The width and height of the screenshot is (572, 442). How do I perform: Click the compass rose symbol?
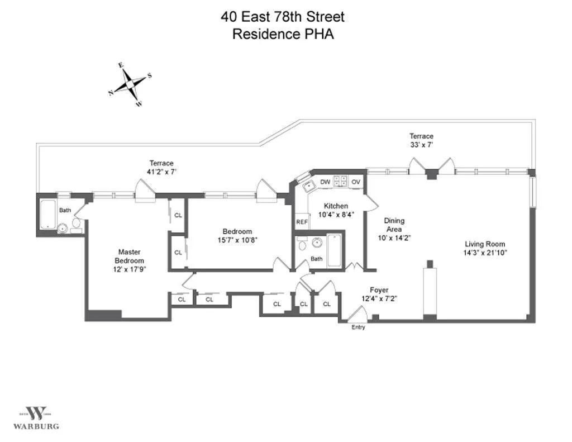click(x=130, y=84)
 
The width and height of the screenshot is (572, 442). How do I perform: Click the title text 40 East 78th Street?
click(x=283, y=17)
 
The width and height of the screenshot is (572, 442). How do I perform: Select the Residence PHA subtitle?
click(x=283, y=34)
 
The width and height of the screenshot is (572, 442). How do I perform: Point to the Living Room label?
click(x=485, y=244)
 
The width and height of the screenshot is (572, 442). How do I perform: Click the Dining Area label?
click(x=394, y=221)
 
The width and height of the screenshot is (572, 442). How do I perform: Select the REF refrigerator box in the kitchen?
click(x=302, y=222)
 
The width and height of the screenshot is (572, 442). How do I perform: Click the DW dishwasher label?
click(x=325, y=182)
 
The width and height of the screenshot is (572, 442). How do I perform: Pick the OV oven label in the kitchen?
click(x=356, y=182)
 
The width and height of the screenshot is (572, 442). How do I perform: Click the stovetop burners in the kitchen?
click(x=340, y=181)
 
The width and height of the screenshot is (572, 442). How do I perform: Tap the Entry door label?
click(x=358, y=327)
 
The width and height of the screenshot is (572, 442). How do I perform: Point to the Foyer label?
click(x=379, y=290)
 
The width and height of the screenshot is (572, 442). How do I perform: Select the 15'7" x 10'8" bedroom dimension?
click(x=237, y=240)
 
